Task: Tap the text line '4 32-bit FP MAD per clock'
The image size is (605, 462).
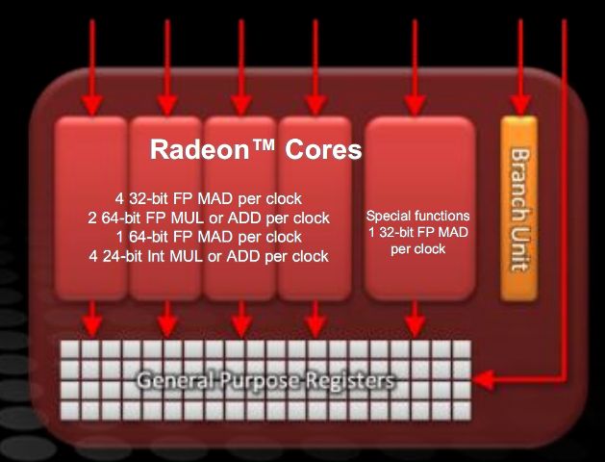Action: click(x=208, y=199)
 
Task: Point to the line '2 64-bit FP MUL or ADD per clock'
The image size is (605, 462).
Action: click(x=208, y=218)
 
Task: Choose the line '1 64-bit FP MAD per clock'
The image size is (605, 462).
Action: click(x=208, y=237)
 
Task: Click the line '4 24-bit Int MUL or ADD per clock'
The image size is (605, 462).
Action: click(x=208, y=256)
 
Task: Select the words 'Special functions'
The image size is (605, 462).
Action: click(x=418, y=216)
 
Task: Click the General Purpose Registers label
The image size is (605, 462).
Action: click(x=265, y=381)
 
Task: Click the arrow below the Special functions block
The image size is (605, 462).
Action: click(x=415, y=318)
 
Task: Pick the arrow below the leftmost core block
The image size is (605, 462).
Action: click(x=93, y=318)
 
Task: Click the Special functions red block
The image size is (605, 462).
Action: click(x=419, y=207)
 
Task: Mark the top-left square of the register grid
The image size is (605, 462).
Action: click(x=69, y=349)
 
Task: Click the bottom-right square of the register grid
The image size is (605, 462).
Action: click(x=461, y=411)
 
